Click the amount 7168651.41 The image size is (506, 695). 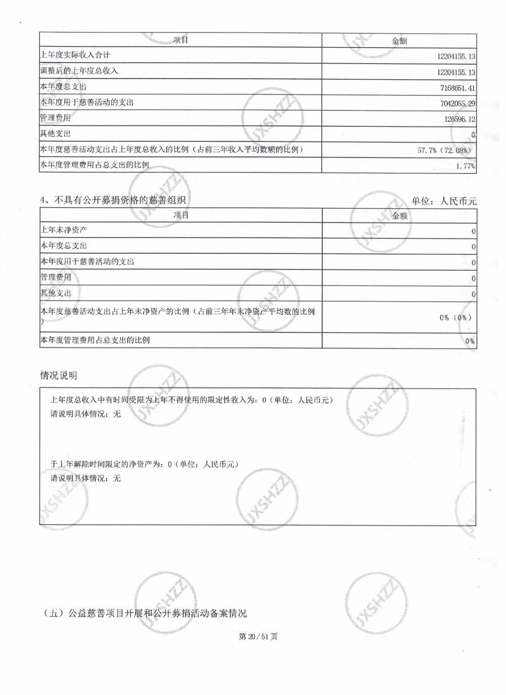pyautogui.click(x=457, y=88)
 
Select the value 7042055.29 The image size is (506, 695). pyautogui.click(x=457, y=104)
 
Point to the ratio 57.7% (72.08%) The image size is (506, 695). pyautogui.click(x=444, y=150)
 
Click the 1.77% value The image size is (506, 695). pyautogui.click(x=465, y=166)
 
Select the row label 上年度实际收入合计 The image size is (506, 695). pyautogui.click(x=75, y=55)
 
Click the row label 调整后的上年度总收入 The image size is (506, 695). pyautogui.click(x=79, y=71)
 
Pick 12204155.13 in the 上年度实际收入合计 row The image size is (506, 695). pyautogui.click(x=455, y=57)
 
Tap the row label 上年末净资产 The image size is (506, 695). pyautogui.click(x=64, y=230)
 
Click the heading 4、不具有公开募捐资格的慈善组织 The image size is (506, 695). pyautogui.click(x=113, y=200)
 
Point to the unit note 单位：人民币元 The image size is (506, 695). pyautogui.click(x=444, y=201)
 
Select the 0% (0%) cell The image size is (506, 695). pyautogui.click(x=455, y=317)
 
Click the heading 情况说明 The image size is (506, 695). pyautogui.click(x=59, y=376)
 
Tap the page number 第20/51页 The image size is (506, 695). pyautogui.click(x=258, y=636)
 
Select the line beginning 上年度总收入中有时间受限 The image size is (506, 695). pyautogui.click(x=191, y=400)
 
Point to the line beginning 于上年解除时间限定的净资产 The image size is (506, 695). pyautogui.click(x=144, y=464)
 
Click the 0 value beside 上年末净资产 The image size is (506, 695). pyautogui.click(x=473, y=231)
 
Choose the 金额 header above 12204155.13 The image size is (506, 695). pyautogui.click(x=399, y=41)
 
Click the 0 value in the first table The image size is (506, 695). pyautogui.click(x=473, y=135)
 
